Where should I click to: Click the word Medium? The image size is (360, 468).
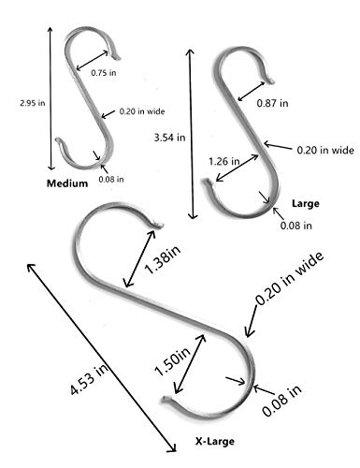[x=67, y=183]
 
